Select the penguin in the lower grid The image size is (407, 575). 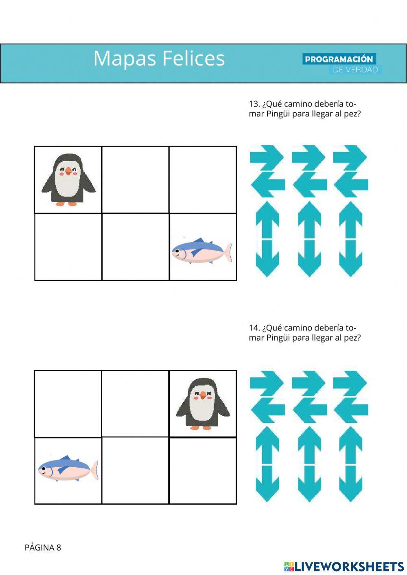[x=203, y=404]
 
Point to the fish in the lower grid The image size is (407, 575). [x=68, y=468]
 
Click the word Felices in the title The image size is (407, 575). [x=194, y=58]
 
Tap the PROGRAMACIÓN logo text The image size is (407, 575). [x=339, y=59]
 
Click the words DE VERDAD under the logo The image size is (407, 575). [x=355, y=70]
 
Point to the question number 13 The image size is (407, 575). [x=254, y=104]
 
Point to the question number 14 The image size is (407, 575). [x=254, y=328]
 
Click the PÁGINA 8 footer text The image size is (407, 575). [x=43, y=547]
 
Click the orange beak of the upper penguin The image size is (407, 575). [x=68, y=171]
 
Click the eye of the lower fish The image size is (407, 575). [x=44, y=468]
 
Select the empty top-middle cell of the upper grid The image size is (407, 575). [x=135, y=179]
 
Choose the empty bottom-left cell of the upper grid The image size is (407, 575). [x=68, y=247]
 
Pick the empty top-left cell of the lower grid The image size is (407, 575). [x=68, y=404]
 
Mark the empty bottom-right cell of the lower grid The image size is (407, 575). [x=203, y=470]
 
